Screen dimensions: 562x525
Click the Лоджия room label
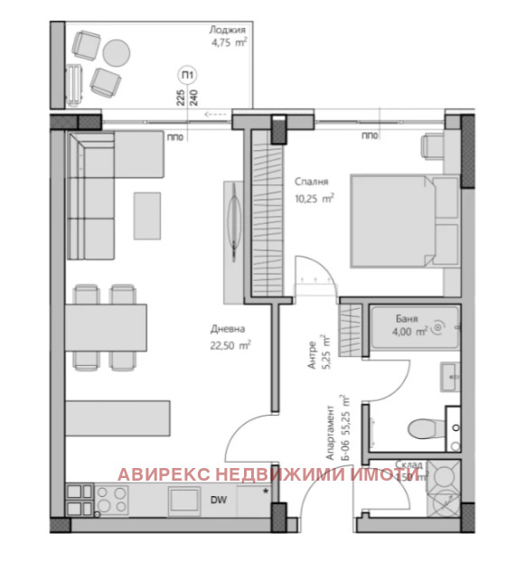coord(229,29)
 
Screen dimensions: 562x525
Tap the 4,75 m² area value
coord(229,42)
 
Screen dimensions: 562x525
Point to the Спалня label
coord(309,181)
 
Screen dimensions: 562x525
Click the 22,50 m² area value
coord(230,344)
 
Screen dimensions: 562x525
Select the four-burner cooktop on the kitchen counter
coord(109,501)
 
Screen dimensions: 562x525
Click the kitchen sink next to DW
coord(185,500)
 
